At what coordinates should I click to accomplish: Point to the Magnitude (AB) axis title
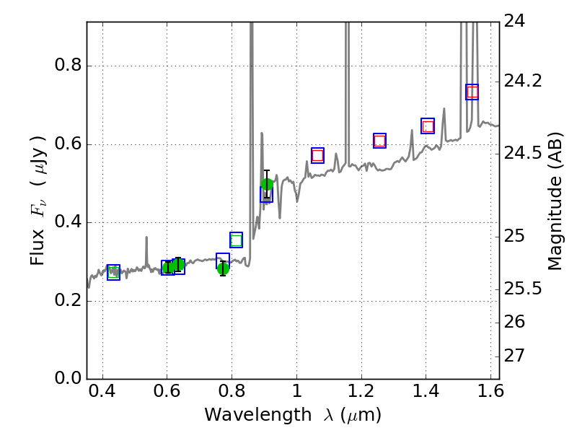coord(555,201)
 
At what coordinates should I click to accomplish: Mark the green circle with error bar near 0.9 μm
coord(267,184)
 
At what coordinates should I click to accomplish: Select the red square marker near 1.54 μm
coord(472,92)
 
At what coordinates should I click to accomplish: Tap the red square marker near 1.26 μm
coord(379,141)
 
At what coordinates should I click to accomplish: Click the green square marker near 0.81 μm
coord(236,240)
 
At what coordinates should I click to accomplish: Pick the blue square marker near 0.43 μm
coord(113,272)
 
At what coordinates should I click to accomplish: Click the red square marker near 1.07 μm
coord(317,155)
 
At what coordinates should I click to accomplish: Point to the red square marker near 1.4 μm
coord(428,126)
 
